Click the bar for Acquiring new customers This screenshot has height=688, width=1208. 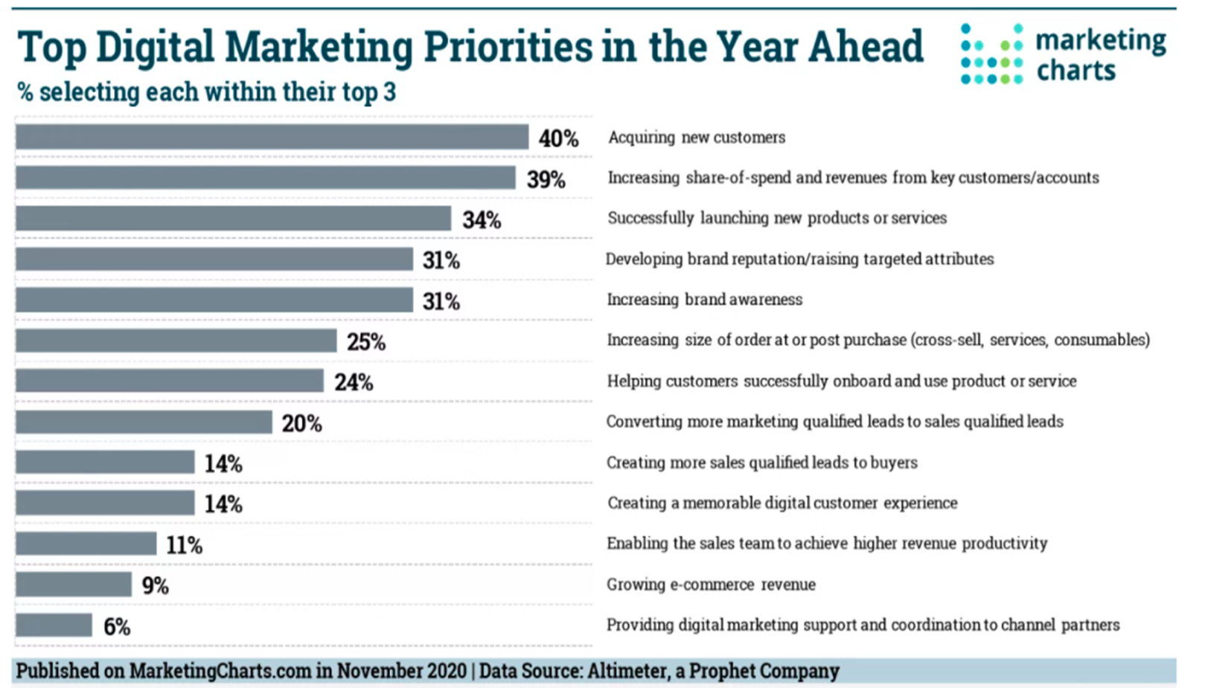[x=272, y=138]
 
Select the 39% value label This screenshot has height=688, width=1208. [x=546, y=179]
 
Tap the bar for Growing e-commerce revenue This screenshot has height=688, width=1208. [x=74, y=585]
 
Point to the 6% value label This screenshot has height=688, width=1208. [x=117, y=626]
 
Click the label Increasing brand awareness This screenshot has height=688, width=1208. [x=704, y=300]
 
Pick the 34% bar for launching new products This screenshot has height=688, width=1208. [x=233, y=219]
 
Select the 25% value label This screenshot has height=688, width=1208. [x=365, y=342]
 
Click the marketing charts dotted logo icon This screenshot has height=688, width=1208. [x=991, y=54]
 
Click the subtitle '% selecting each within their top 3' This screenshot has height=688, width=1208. [x=206, y=92]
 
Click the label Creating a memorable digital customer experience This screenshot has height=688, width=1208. [x=782, y=503]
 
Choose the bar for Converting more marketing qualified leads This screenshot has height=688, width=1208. [x=144, y=422]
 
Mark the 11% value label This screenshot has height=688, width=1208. [x=184, y=545]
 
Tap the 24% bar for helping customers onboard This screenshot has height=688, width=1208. [x=170, y=382]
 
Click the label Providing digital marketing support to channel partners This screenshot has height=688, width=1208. [x=863, y=625]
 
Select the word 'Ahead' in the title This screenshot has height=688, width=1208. [x=866, y=47]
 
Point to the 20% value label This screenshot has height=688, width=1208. [x=301, y=423]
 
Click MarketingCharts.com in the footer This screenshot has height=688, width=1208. [x=220, y=671]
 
